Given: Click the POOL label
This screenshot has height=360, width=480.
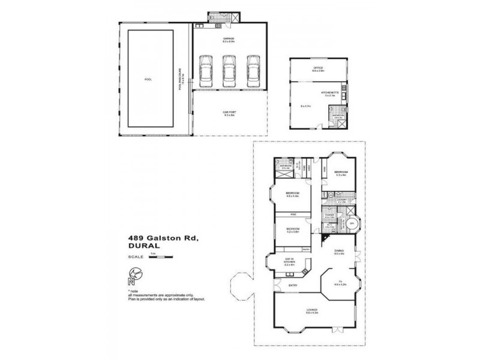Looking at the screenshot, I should (148, 79).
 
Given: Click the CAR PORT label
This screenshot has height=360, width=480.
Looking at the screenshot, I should (229, 112).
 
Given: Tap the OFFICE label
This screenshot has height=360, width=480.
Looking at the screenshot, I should (318, 68).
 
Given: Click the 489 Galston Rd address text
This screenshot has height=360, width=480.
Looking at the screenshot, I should (158, 238).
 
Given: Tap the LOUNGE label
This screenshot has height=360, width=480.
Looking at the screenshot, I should (311, 310).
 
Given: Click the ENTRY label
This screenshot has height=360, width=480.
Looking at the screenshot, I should (293, 285).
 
